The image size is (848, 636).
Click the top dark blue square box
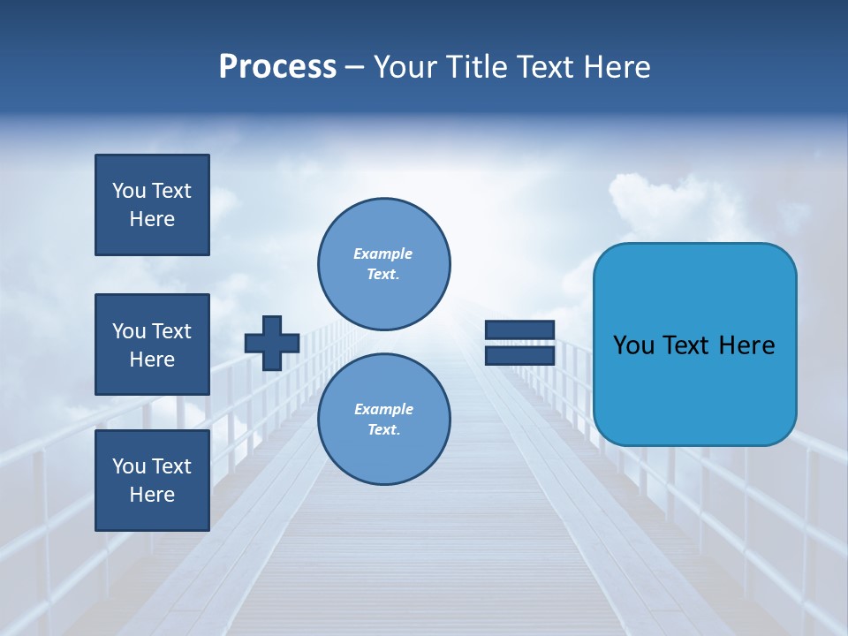point(152,205)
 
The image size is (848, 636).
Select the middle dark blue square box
point(152,344)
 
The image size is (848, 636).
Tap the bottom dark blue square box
point(152,480)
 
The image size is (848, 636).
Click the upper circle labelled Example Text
point(383,263)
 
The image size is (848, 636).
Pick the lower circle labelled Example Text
point(383,419)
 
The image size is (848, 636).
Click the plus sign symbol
point(272,343)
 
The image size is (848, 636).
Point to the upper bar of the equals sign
point(519,330)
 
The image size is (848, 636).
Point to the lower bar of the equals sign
point(519,355)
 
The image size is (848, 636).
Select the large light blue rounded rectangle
point(694,344)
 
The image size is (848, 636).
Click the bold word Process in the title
point(277,67)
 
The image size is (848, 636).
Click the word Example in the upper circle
point(383,254)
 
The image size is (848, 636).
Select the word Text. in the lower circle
point(383,429)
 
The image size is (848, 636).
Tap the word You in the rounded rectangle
point(634,345)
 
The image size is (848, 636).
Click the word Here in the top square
point(152,219)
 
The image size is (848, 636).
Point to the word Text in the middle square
point(172,331)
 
